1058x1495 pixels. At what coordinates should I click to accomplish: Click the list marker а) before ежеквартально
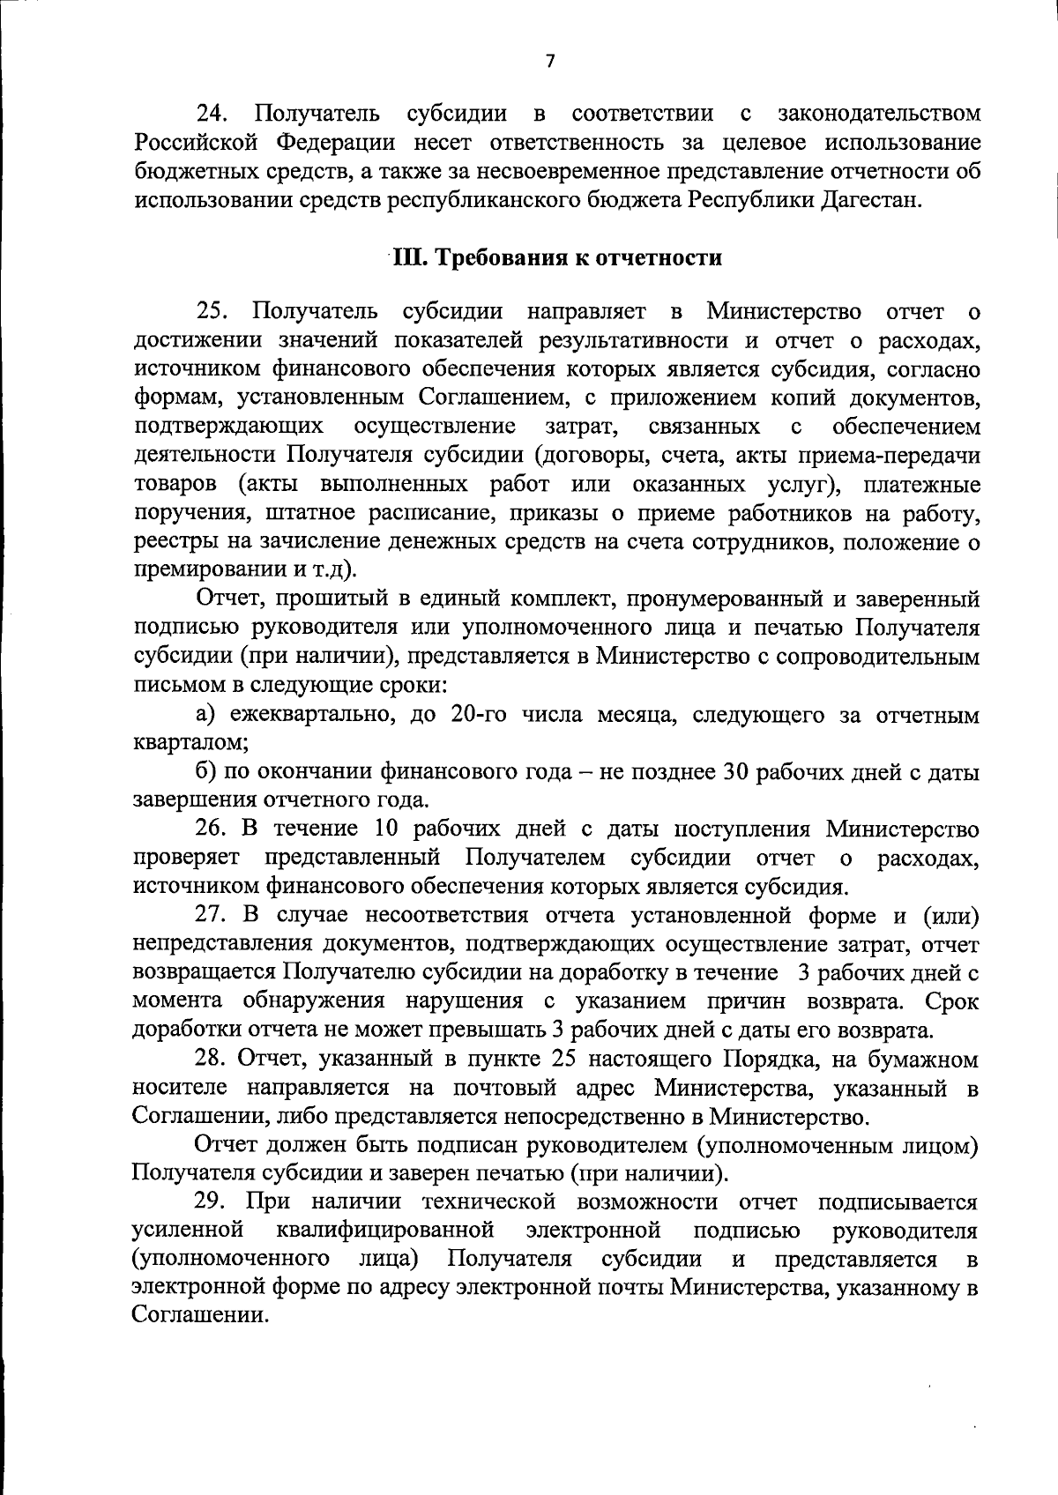(x=207, y=715)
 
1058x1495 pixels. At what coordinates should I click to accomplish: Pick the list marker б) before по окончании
(x=207, y=772)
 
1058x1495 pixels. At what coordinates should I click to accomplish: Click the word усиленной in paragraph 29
(x=187, y=1231)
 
